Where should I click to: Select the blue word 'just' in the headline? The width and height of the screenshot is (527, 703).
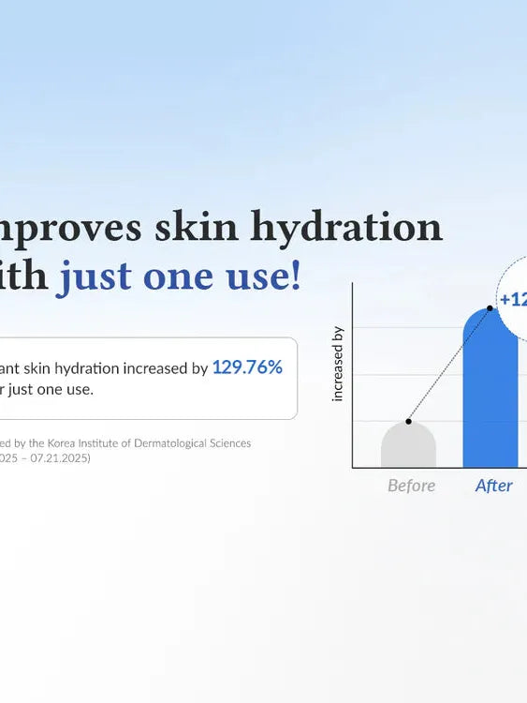click(95, 277)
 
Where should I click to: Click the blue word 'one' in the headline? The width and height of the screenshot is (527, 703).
click(175, 277)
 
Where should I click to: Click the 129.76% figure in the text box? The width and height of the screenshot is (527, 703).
click(247, 367)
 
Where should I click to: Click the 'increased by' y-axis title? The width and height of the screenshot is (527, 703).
click(338, 364)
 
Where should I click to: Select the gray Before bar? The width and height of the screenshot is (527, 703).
click(408, 448)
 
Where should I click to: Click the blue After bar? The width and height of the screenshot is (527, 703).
click(490, 394)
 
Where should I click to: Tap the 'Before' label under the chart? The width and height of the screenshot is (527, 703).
click(411, 486)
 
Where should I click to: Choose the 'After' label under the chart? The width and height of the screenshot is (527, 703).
click(493, 486)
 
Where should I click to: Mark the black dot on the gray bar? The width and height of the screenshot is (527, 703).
click(408, 421)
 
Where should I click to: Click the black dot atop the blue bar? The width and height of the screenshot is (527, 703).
click(490, 307)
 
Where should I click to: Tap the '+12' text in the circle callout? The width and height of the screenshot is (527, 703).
click(513, 300)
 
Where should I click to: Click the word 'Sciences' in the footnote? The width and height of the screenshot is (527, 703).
click(227, 442)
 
